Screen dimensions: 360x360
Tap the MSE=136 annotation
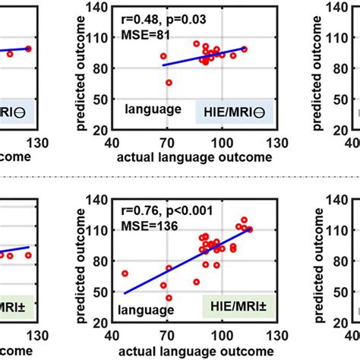pos(143,226)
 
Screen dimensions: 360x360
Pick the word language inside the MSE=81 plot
pos(153,109)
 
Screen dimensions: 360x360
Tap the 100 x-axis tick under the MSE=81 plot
pos(222,144)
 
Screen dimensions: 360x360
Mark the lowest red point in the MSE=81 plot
pos(169,82)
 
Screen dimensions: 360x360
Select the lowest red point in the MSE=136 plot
pos(169,298)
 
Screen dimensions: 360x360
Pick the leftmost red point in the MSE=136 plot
pos(125,273)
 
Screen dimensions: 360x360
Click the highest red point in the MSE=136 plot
pos(244,219)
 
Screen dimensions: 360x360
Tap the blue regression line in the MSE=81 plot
pos(205,56)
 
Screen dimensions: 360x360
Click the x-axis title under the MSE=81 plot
pos(193,156)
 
